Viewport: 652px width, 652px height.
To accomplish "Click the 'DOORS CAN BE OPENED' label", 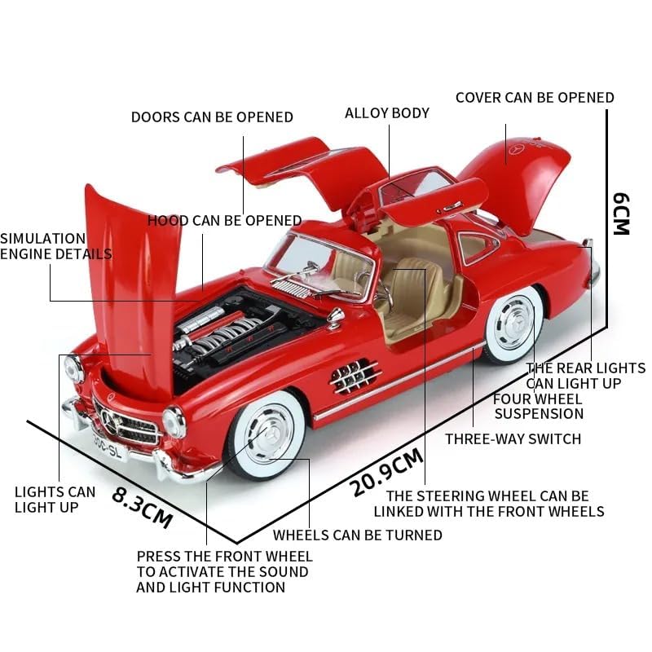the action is coord(212,117).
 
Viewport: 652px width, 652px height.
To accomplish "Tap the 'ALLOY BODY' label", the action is coord(387,112).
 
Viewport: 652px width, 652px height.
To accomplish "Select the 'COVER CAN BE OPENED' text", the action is coord(535,97).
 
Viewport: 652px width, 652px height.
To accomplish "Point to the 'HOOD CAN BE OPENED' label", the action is coord(224,220).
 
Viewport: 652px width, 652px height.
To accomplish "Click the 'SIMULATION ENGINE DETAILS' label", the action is coord(55,245).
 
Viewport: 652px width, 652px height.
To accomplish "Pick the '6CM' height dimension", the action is coord(621,213).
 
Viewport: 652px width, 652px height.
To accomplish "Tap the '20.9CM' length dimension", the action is coord(387,473).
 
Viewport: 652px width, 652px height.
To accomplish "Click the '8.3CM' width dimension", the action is coord(143,506).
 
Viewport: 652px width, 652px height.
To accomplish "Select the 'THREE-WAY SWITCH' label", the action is coord(513,438).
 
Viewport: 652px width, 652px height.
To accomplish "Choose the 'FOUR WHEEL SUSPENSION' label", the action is coord(538,406).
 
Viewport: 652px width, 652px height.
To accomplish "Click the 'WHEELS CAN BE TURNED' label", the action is coord(357,535).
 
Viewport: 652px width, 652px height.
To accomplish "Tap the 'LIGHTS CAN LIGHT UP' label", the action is coord(55,499).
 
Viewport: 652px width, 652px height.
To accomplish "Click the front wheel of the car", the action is coord(266,434).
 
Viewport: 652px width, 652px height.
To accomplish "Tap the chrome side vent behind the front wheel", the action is coord(355,375).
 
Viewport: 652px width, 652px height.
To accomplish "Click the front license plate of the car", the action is coord(110,448).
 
